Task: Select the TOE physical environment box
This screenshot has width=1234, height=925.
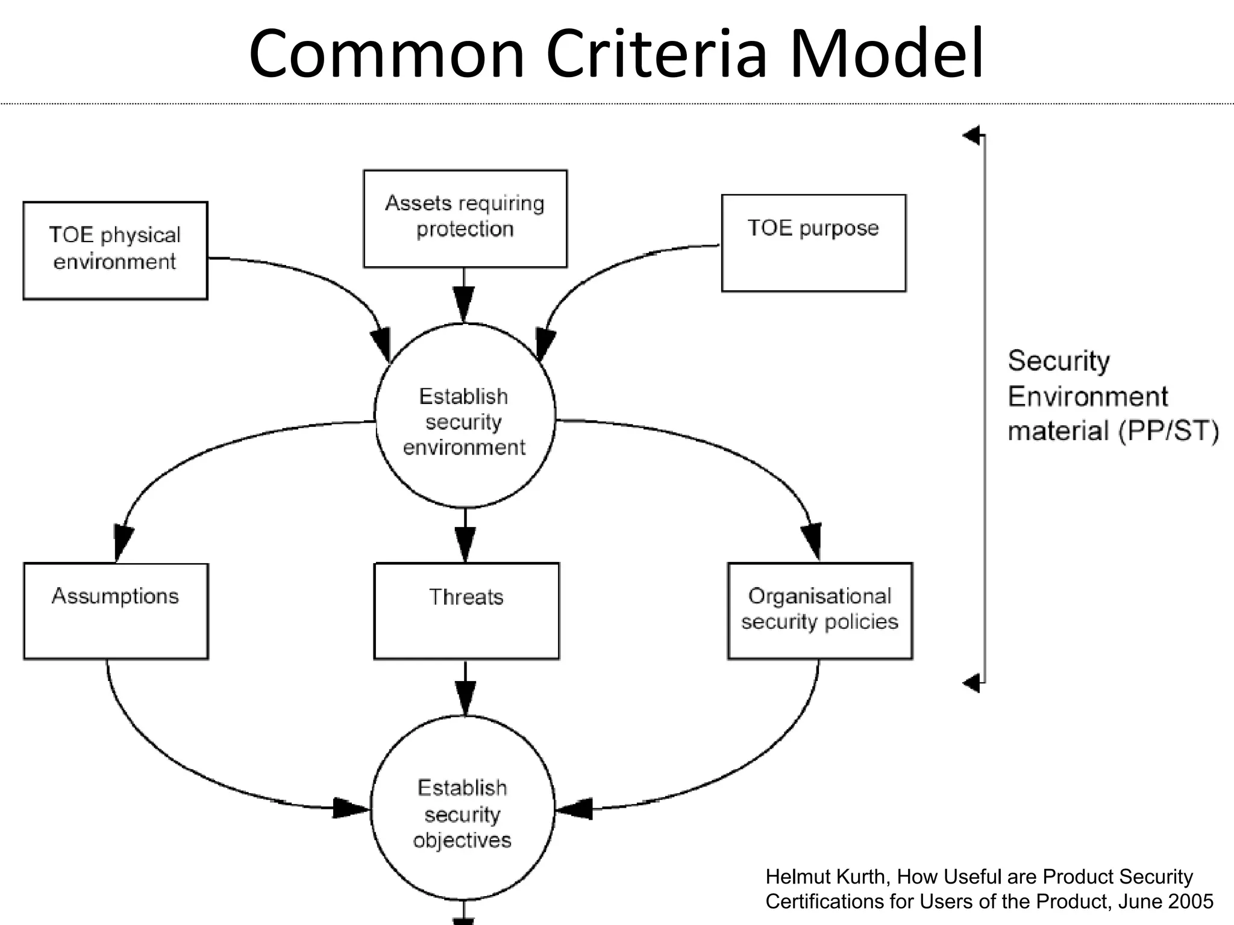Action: pyautogui.click(x=115, y=251)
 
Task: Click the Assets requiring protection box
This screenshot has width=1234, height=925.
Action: pyautogui.click(x=465, y=218)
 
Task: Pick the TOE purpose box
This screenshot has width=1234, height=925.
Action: pyautogui.click(x=813, y=243)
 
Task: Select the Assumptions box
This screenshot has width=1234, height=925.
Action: pyautogui.click(x=116, y=611)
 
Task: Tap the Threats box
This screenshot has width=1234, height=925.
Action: pyautogui.click(x=466, y=611)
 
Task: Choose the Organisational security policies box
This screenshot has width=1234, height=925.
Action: pyautogui.click(x=819, y=611)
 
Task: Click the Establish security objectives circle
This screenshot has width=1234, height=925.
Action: pyautogui.click(x=462, y=813)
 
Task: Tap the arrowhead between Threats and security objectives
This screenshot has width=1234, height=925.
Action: pyautogui.click(x=465, y=696)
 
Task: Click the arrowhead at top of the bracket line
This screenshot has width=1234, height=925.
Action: pyautogui.click(x=972, y=135)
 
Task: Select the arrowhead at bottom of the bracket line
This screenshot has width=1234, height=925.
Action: pyautogui.click(x=972, y=683)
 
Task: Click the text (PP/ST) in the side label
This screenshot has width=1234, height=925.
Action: pyautogui.click(x=1168, y=431)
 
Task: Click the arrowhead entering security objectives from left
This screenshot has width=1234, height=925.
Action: pyautogui.click(x=349, y=808)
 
